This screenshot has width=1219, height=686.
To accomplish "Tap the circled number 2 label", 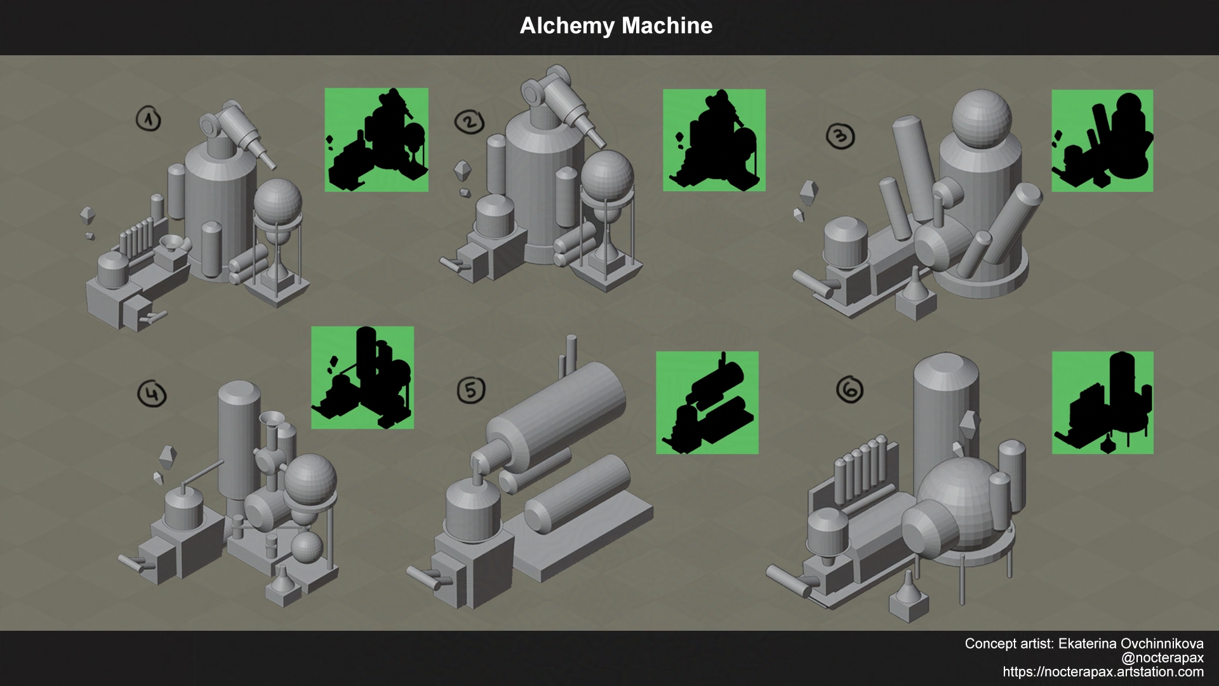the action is [470, 123].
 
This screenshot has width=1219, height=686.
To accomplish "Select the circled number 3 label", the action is [840, 135].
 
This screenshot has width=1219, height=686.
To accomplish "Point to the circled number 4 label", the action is [152, 394].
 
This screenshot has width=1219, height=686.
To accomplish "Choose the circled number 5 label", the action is [471, 389].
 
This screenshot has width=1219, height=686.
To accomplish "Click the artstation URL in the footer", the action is [1103, 672].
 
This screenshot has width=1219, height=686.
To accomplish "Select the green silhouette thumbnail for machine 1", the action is [376, 140].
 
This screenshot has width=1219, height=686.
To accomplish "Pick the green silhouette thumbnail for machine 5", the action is [707, 403].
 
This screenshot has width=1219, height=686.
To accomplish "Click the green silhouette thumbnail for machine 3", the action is [1102, 140].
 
